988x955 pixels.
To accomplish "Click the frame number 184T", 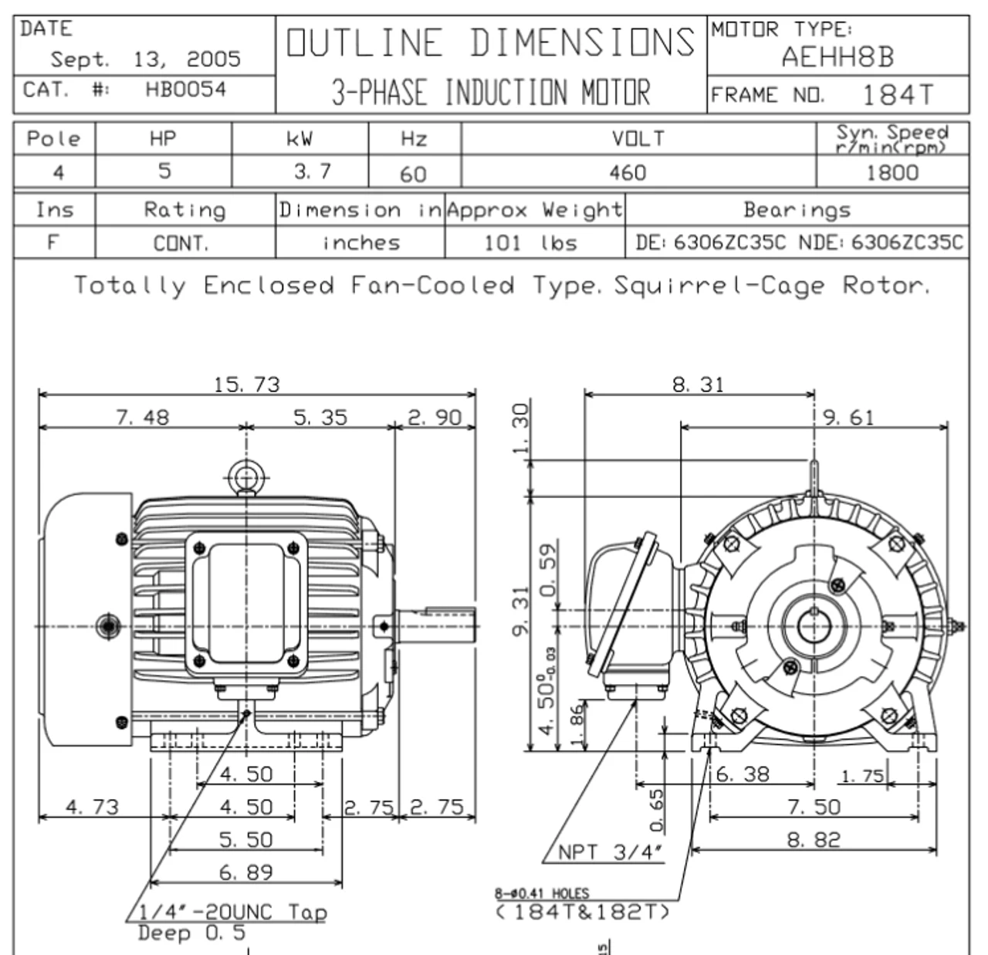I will pos(897,95).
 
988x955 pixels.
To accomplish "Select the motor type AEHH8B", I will pos(837,57).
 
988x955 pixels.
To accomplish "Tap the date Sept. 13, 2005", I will pos(145,59).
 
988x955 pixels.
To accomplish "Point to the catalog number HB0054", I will pos(185,90).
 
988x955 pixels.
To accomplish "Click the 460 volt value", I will pos(628,171).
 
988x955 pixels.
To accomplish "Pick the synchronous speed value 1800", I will pos(892,171).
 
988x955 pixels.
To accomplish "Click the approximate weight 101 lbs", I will pos(530,243).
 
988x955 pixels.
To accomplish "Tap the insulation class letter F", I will pos(52,242).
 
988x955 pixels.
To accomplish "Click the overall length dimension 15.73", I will pos(247,384).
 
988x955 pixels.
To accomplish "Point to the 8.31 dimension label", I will pos(698,384).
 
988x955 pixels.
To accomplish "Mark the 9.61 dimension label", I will pos(848,418).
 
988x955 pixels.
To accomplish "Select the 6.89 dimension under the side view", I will pos(245,872).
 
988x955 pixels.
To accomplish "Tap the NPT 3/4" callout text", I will pos(611,852).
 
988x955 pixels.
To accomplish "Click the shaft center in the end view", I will pos(814,625).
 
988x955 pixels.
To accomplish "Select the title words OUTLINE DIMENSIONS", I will pos(491,43).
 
